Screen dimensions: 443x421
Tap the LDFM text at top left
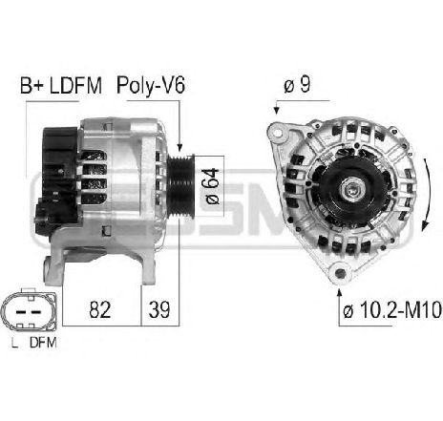(75, 86)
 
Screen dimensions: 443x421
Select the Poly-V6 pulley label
(151, 86)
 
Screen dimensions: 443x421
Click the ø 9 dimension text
(297, 85)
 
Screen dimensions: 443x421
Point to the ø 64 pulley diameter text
(212, 186)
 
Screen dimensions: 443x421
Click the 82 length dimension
(100, 309)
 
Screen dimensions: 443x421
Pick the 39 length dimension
(159, 309)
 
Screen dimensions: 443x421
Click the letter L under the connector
(14, 343)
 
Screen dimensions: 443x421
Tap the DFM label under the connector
(43, 343)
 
